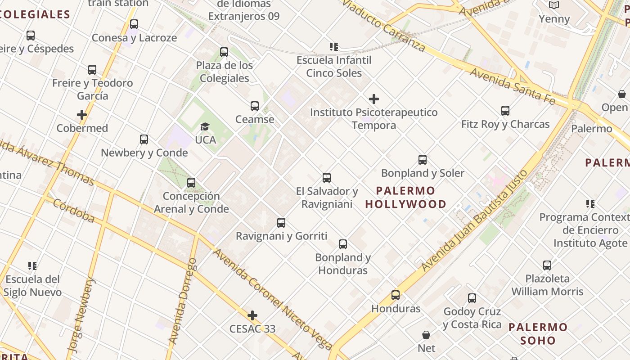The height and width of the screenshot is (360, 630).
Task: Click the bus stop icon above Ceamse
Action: coord(255,106)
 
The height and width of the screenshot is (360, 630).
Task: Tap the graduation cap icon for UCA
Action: coord(205,127)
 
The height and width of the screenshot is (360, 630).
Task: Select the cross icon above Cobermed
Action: coord(82,115)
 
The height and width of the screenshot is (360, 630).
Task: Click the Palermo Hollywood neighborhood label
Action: coord(405,197)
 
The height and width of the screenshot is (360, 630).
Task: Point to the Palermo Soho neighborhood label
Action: coord(538,333)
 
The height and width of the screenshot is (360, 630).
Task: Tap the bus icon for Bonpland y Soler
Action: coord(423,160)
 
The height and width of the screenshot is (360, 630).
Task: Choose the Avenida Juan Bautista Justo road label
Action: coord(474,221)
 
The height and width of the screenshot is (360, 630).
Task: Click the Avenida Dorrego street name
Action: coord(182,301)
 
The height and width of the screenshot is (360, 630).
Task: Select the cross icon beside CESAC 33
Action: coord(252,315)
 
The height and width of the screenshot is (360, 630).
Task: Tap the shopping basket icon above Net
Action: coord(426,335)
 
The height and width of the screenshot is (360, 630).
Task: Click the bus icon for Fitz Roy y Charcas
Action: coord(505,111)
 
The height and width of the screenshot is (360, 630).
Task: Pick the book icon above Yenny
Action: coord(554,5)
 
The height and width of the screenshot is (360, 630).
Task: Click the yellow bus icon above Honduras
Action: coord(396,295)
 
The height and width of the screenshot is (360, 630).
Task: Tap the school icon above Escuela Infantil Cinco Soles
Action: coord(333,46)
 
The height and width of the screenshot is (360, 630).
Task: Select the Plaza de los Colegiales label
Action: coord(225,72)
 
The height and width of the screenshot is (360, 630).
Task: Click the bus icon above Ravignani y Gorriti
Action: coord(281,223)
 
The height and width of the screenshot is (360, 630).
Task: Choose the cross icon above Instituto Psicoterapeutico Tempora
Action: coord(374,99)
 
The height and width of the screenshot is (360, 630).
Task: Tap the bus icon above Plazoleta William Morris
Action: coord(547,265)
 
